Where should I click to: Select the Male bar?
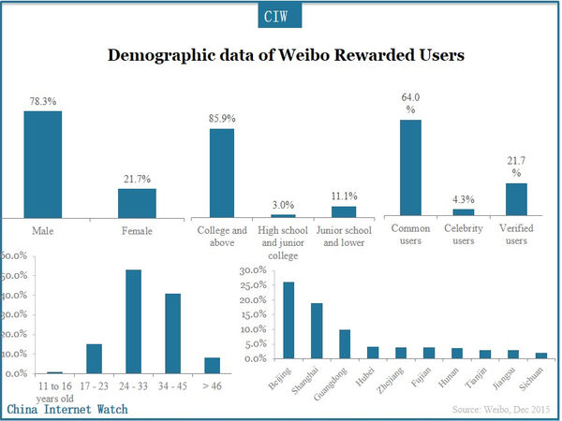(43, 164)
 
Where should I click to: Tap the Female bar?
(137, 202)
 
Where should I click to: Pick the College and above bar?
(222, 172)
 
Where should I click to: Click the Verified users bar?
(516, 199)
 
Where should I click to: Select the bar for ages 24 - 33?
(133, 321)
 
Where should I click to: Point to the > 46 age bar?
(212, 365)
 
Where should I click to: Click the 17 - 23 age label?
(93, 385)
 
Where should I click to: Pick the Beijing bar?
(288, 320)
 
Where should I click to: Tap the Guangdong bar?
(345, 343)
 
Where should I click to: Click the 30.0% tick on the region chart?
(253, 270)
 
